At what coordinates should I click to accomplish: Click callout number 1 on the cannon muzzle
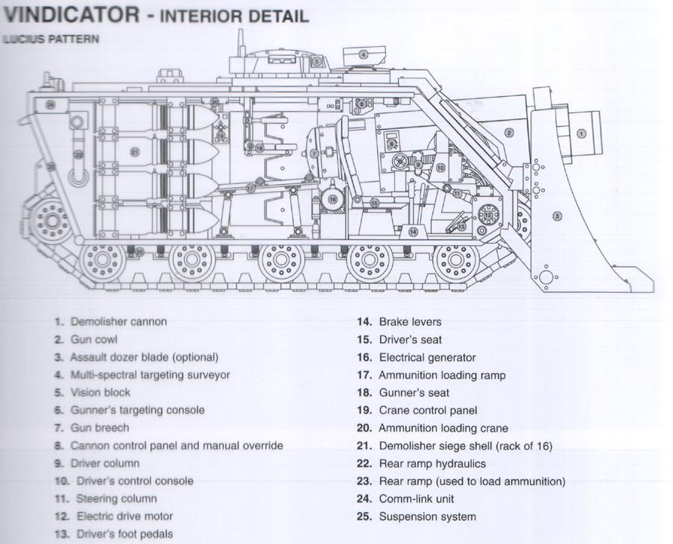(x=581, y=133)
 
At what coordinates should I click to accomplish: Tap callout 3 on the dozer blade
(x=557, y=216)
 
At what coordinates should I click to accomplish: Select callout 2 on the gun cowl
(x=509, y=133)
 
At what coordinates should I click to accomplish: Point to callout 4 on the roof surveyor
(x=363, y=54)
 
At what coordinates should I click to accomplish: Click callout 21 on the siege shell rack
(x=135, y=152)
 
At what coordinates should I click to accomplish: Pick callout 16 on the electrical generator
(x=332, y=199)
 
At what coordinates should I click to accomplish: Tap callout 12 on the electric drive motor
(x=488, y=215)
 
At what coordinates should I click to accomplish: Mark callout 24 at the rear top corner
(x=50, y=104)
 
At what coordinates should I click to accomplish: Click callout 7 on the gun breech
(x=315, y=154)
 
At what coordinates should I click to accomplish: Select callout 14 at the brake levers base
(x=413, y=232)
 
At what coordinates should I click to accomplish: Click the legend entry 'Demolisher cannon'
(x=119, y=322)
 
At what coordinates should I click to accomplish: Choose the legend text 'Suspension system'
(x=427, y=516)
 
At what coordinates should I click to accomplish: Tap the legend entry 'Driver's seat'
(x=410, y=340)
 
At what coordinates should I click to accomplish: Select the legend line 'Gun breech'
(x=99, y=428)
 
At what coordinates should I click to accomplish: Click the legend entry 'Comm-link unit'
(x=416, y=499)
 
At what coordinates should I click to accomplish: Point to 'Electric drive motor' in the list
(x=124, y=516)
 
